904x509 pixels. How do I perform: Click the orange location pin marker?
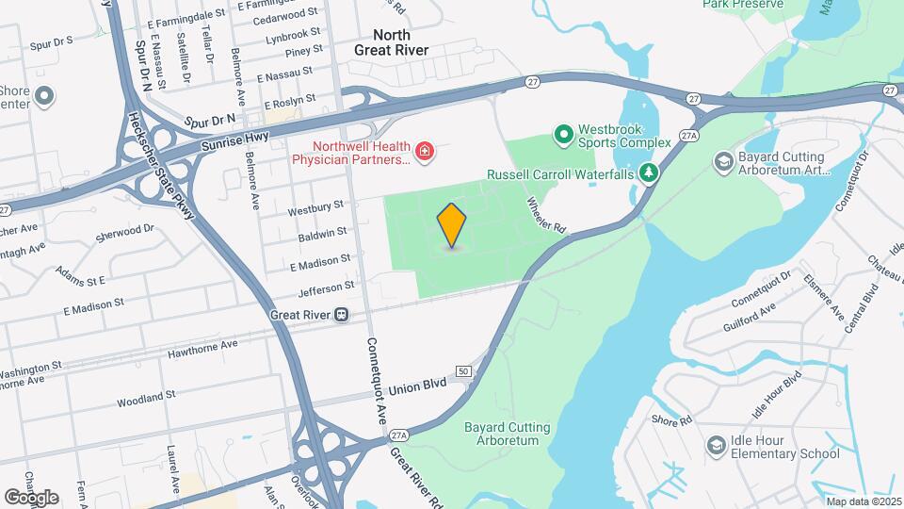coord(452,224)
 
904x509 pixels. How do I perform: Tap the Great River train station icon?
coord(342,315)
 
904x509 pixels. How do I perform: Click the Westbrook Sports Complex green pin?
coord(563,136)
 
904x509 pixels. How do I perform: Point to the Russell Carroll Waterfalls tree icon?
coord(648,173)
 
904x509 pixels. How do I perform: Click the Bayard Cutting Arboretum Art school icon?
coord(723,163)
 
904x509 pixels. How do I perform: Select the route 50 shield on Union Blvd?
coord(463,371)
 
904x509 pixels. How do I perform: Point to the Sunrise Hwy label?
coord(234,144)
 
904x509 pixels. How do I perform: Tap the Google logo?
coord(31,497)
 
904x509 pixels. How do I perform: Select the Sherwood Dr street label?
coord(124,232)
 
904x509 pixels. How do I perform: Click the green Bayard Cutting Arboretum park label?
coord(507,434)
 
